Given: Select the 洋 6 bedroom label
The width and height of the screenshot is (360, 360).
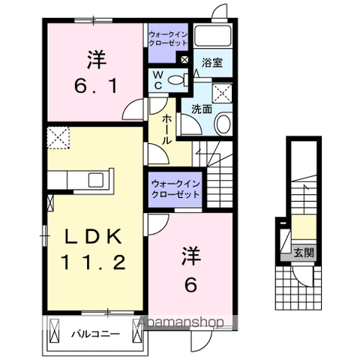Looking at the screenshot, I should pos(190,270).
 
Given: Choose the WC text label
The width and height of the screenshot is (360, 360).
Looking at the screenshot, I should pos(159,79).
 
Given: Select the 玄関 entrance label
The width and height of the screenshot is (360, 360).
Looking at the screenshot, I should pos(303,253).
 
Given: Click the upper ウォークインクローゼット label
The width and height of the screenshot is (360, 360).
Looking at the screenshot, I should pos(167,39).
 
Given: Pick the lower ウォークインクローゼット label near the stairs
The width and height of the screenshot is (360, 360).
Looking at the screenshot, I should pos(175,187).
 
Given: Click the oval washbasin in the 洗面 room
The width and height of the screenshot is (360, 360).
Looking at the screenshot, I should pos(223,124).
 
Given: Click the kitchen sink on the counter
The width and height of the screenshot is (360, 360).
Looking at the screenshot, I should pos(96,179).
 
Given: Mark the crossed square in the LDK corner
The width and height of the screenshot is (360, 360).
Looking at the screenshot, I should pos(58,139).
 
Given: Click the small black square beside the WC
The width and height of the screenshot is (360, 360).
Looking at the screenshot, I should pos(184,58).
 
